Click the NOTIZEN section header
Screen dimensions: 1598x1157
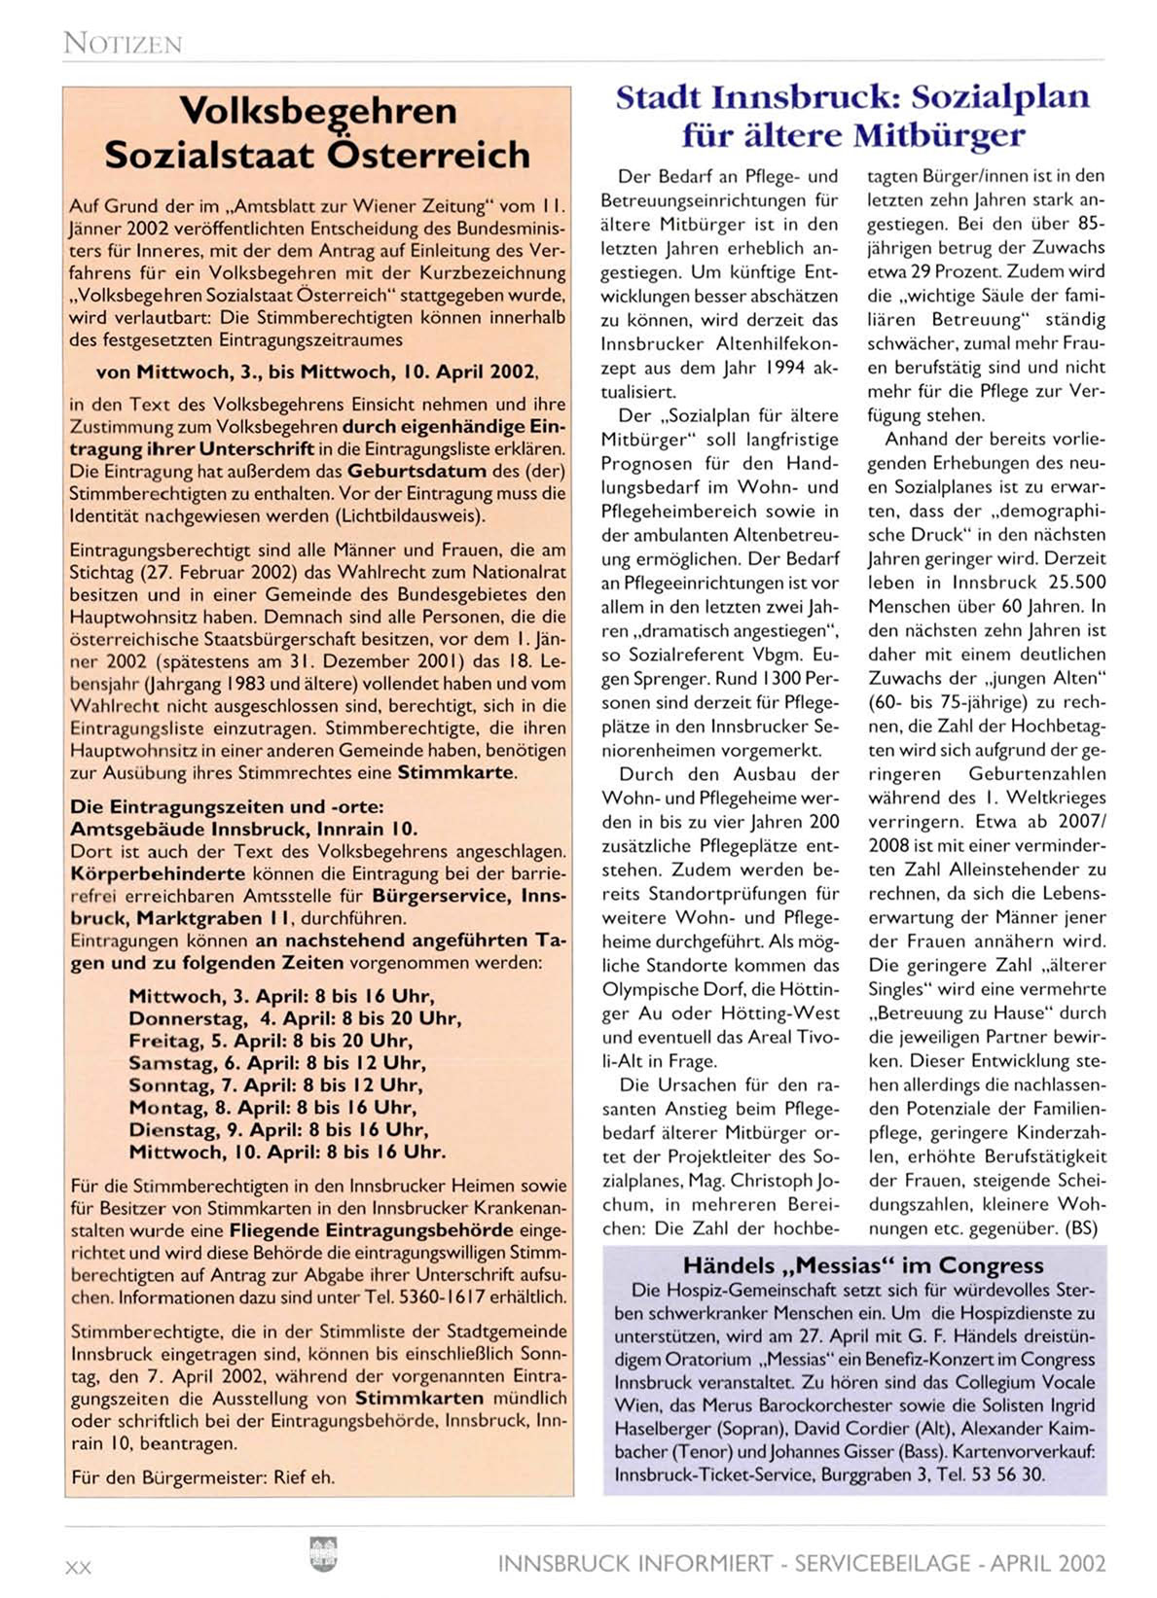[x=123, y=43]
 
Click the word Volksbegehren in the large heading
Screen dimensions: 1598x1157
[x=318, y=111]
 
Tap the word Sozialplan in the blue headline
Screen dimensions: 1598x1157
[x=991, y=97]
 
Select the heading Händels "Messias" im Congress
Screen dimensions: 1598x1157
[x=862, y=1265]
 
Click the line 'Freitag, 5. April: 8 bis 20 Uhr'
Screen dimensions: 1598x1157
[x=270, y=1041]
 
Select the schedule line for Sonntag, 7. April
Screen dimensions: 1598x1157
[x=276, y=1085]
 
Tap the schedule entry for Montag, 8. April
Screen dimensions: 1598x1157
[x=272, y=1108]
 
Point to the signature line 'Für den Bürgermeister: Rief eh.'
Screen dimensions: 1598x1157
[x=202, y=1476]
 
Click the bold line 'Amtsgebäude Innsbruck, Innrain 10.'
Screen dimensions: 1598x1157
[x=243, y=830]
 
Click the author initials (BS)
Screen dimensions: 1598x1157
[x=1081, y=1228]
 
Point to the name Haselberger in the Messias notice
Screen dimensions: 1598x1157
[x=660, y=1429]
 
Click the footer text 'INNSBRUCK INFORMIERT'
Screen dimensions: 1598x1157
[x=635, y=1563]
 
